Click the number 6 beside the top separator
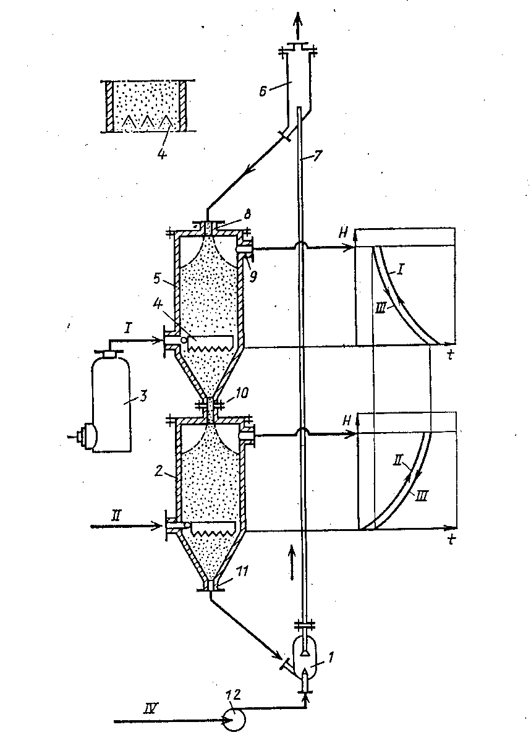pyautogui.click(x=263, y=91)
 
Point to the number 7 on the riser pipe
pyautogui.click(x=317, y=156)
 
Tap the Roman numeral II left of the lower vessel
pyautogui.click(x=116, y=516)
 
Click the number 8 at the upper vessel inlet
pyautogui.click(x=247, y=215)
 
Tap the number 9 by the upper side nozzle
pyautogui.click(x=253, y=277)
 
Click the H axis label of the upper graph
pyautogui.click(x=344, y=234)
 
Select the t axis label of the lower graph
pyautogui.click(x=451, y=540)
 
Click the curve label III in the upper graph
pyautogui.click(x=381, y=307)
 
